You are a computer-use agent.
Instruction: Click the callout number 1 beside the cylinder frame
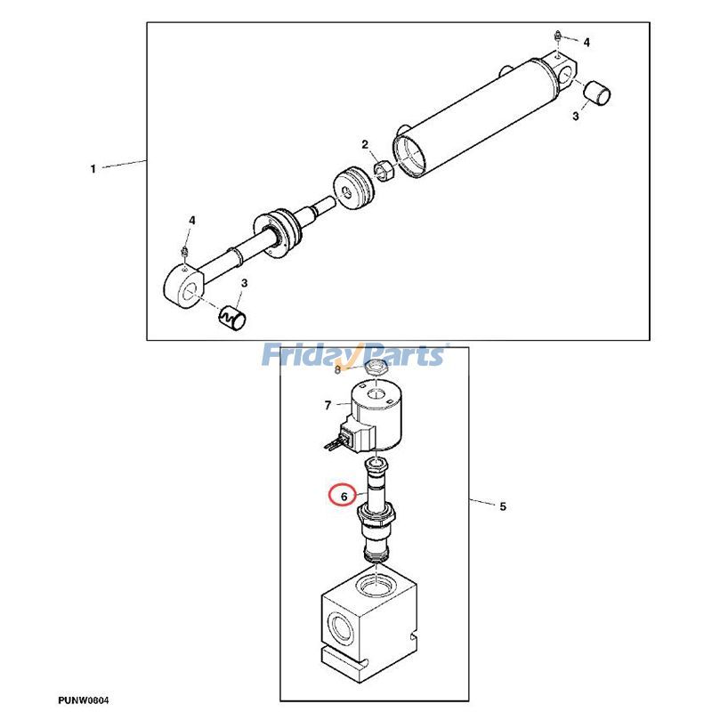pyautogui.click(x=93, y=169)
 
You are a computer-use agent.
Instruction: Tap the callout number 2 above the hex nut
pyautogui.click(x=365, y=144)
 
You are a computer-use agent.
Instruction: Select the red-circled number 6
pyautogui.click(x=344, y=496)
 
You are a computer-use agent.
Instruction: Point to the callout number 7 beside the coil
pyautogui.click(x=328, y=405)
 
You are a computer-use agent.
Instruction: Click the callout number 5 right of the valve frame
pyautogui.click(x=503, y=506)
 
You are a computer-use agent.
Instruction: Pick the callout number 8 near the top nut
pyautogui.click(x=337, y=370)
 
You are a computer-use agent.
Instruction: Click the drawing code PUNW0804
pyautogui.click(x=83, y=700)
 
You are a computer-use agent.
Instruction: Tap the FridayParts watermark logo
pyautogui.click(x=354, y=355)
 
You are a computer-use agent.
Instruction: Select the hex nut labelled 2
pyautogui.click(x=383, y=170)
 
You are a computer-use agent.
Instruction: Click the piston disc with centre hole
pyautogui.click(x=354, y=189)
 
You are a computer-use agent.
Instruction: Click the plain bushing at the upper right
pyautogui.click(x=596, y=93)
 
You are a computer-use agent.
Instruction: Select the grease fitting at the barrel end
pyautogui.click(x=558, y=36)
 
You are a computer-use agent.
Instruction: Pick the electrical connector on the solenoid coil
pyautogui.click(x=349, y=436)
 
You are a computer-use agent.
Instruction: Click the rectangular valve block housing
pyautogui.click(x=368, y=621)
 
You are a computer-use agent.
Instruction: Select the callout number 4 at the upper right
pyautogui.click(x=587, y=42)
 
